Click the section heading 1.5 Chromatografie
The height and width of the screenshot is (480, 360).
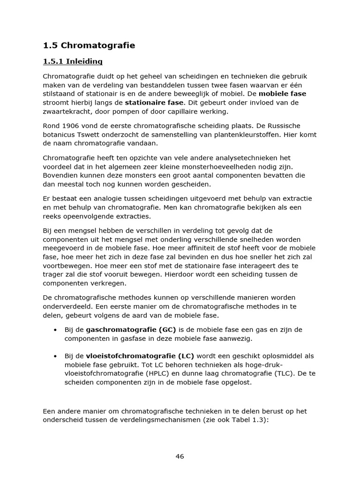(x=89, y=45)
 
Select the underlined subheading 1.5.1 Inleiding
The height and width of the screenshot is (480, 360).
(x=73, y=61)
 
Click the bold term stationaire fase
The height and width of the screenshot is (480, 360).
(x=155, y=102)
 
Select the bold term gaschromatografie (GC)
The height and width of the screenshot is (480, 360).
(x=131, y=330)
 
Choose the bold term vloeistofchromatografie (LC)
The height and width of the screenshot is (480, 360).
(x=140, y=356)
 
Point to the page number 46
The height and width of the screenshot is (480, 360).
(x=180, y=457)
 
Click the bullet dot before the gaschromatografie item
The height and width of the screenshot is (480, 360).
(x=55, y=330)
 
